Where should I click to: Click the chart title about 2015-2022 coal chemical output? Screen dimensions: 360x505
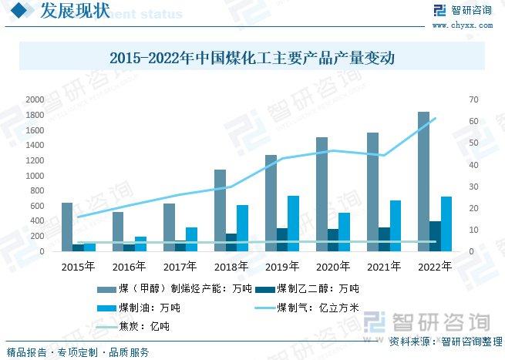coord(252,58)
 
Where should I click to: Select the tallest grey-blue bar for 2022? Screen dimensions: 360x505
coord(423,182)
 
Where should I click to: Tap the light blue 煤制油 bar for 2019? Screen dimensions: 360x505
coord(294,224)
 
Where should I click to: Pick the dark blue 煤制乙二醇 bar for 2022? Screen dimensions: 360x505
coord(436,236)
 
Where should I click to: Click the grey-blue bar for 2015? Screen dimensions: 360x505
coord(67,227)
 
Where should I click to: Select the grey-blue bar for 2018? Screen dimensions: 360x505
coord(220,210)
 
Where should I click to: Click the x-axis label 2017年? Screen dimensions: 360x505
coord(180,267)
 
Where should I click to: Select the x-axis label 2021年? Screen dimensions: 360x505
coord(384,267)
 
